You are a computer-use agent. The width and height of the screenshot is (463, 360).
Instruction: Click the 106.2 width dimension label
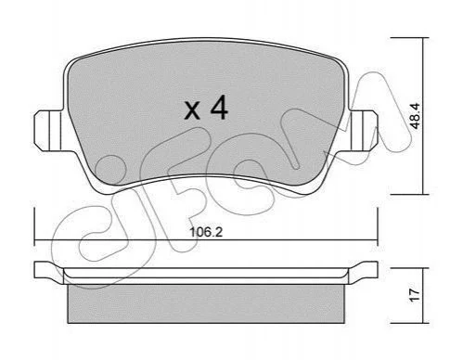206,232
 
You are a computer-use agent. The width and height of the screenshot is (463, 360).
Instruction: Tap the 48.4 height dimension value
415,116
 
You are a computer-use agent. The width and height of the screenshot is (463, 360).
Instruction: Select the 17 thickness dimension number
416,295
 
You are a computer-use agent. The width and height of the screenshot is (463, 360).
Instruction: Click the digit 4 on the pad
219,108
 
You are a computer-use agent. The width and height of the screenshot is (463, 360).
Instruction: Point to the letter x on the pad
192,110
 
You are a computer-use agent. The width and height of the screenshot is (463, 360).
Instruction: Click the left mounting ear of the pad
48,131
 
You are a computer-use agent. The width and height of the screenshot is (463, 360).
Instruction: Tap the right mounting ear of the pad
363,131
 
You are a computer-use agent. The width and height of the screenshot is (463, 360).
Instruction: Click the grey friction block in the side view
206,303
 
